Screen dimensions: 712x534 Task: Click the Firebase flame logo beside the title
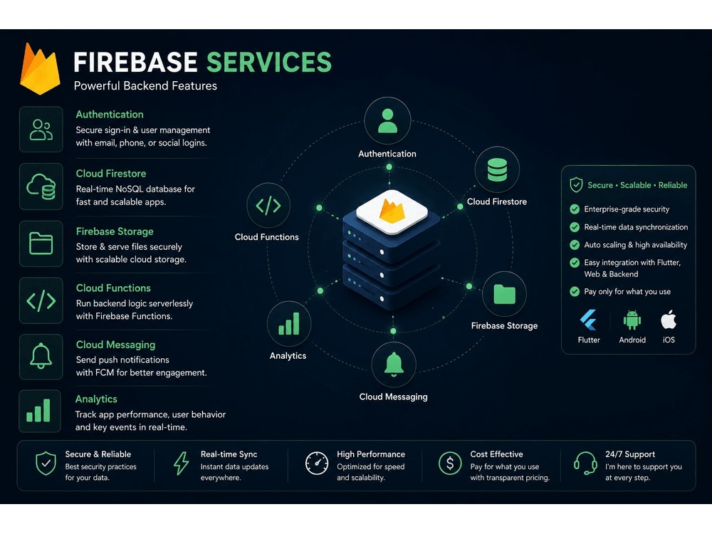click(40, 68)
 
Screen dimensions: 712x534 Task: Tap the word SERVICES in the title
click(269, 62)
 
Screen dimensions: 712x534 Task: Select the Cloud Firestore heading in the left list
click(111, 174)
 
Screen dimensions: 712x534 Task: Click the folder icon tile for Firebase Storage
click(41, 244)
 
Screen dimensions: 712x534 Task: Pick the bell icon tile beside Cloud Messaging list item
click(41, 357)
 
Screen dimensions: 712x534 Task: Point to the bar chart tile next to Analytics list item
click(39, 411)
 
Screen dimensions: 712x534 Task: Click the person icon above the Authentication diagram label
click(387, 120)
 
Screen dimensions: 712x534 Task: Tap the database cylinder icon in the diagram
click(497, 170)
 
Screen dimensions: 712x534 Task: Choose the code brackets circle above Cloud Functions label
click(268, 205)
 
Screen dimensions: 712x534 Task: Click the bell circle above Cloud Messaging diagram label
click(394, 364)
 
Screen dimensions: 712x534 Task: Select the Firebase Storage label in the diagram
click(504, 325)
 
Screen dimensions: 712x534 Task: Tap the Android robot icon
click(632, 320)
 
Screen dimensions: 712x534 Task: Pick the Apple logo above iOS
click(669, 319)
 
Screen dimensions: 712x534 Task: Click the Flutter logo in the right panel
click(589, 320)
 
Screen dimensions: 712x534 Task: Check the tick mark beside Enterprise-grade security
click(575, 209)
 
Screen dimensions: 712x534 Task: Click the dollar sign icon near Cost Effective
click(450, 464)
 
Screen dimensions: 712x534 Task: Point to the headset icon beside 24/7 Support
click(585, 464)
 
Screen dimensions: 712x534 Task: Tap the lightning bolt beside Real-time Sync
click(181, 464)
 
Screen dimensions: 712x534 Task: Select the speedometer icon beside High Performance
click(317, 464)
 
